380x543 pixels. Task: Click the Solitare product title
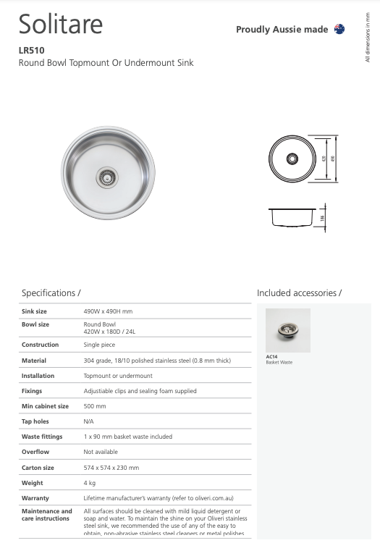[x=61, y=24]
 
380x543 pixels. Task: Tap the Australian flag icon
[x=339, y=29]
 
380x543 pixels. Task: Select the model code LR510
[x=32, y=51]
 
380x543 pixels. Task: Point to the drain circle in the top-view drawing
[x=292, y=157]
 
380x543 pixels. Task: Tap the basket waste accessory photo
[x=287, y=330]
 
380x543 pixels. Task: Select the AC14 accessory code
[x=272, y=357]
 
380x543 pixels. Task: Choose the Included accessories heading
[x=299, y=293]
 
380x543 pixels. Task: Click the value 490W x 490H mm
[x=108, y=311]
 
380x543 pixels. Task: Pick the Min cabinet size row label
[x=45, y=406]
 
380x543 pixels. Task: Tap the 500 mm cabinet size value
[x=94, y=406]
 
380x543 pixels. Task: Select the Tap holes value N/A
[x=89, y=421]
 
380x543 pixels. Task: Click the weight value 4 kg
[x=90, y=483]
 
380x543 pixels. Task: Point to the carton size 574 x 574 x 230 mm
[x=111, y=468]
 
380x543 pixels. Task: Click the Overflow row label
[x=35, y=452]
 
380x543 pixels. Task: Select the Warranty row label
[x=35, y=498]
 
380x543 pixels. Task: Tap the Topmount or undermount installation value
[x=118, y=376]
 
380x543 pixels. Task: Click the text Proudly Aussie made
[x=282, y=29]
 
